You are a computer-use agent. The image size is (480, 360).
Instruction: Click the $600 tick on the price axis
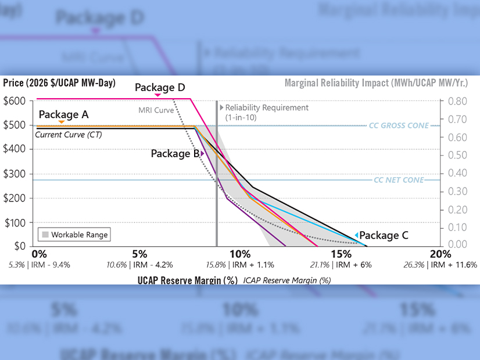15,100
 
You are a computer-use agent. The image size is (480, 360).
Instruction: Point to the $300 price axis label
15,174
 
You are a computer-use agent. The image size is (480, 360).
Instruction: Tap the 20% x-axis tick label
440,254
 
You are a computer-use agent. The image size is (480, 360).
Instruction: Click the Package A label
63,114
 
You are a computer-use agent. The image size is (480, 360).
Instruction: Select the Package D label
160,88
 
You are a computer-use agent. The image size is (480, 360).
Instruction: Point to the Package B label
175,154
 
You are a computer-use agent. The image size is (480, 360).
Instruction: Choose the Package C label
384,235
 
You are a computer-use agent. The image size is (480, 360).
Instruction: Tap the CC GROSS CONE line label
399,125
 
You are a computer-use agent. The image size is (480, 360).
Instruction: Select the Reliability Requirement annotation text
267,112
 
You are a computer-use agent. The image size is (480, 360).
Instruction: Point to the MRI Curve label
156,110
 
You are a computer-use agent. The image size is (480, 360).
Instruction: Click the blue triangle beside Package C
356,235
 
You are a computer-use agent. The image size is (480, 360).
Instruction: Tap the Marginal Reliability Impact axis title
376,83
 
